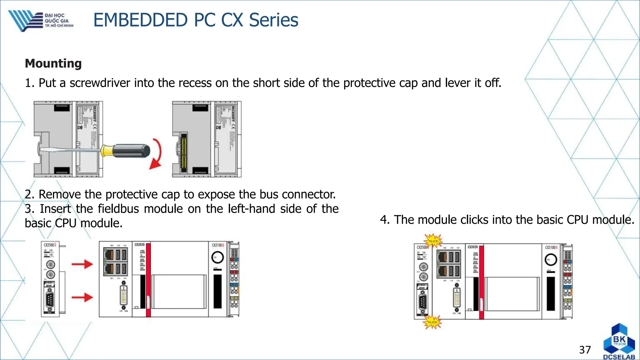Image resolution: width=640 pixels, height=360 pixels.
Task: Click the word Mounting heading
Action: pyautogui.click(x=53, y=63)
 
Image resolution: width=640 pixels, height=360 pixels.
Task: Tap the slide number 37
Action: pyautogui.click(x=585, y=350)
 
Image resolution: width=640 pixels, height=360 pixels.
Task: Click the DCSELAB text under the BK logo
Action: pyautogui.click(x=619, y=357)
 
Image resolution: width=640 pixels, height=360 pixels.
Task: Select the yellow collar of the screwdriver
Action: pyautogui.click(x=107, y=151)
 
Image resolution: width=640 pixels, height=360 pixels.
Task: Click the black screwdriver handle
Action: pyautogui.click(x=131, y=151)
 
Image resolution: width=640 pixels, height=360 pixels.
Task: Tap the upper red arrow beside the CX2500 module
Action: pyautogui.click(x=82, y=264)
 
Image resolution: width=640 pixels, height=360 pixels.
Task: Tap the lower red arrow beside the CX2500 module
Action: pyautogui.click(x=82, y=297)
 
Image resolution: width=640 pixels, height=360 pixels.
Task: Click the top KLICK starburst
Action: pyautogui.click(x=433, y=241)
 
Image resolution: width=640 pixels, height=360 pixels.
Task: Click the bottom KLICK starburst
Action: pyautogui.click(x=432, y=322)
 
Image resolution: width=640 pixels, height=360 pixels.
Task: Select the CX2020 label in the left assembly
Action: pyautogui.click(x=140, y=245)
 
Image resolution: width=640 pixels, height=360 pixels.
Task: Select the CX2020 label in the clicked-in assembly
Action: pyautogui.click(x=472, y=247)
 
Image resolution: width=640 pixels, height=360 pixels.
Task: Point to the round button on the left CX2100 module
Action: pyautogui.click(x=217, y=258)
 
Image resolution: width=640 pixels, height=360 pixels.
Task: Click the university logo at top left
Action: pyautogui.click(x=41, y=21)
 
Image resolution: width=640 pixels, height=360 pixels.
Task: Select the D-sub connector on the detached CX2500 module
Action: pyautogui.click(x=49, y=301)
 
